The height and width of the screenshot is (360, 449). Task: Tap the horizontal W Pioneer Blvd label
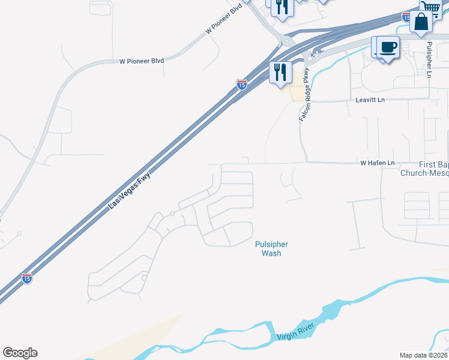142,61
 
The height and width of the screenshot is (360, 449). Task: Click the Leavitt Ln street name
370,99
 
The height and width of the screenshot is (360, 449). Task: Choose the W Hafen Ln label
377,163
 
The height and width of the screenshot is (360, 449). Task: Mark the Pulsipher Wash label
271,249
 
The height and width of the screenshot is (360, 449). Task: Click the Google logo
20,353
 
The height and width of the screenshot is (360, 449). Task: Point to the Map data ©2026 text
423,355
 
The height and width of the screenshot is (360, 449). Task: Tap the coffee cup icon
388,47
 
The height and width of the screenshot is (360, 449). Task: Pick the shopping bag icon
421,22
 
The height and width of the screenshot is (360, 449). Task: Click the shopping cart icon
430,7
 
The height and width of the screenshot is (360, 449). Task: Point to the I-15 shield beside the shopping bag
406,18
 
